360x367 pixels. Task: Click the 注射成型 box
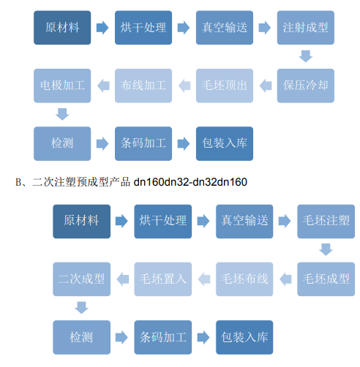pyautogui.click(x=306, y=28)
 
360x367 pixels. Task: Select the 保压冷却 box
pyautogui.click(x=306, y=86)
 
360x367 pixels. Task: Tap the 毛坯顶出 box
pyautogui.click(x=225, y=86)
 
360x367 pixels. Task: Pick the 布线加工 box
pyautogui.click(x=143, y=86)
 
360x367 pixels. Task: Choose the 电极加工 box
pyautogui.click(x=62, y=86)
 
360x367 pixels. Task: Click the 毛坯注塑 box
pyautogui.click(x=326, y=222)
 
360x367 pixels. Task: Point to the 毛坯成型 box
pyautogui.click(x=326, y=279)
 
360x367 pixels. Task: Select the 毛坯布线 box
pyautogui.click(x=244, y=279)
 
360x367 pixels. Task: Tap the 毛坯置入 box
pyautogui.click(x=163, y=279)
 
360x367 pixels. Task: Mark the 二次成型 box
pyautogui.click(x=82, y=279)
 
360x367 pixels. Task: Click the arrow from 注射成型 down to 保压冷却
pyautogui.click(x=306, y=56)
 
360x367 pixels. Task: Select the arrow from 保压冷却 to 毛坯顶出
pyautogui.click(x=266, y=86)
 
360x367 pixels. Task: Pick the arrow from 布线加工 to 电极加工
pyautogui.click(x=103, y=86)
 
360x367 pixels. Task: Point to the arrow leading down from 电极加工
pyautogui.click(x=62, y=114)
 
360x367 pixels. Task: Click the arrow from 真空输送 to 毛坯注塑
pyautogui.click(x=285, y=222)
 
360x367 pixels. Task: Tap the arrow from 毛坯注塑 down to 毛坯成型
pyautogui.click(x=326, y=249)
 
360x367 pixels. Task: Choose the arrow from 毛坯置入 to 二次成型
pyautogui.click(x=123, y=279)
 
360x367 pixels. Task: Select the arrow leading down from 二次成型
pyautogui.click(x=81, y=308)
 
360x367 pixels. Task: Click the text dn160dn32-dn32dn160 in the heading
pyautogui.click(x=190, y=182)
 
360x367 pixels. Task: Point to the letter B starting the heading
pyautogui.click(x=18, y=182)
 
